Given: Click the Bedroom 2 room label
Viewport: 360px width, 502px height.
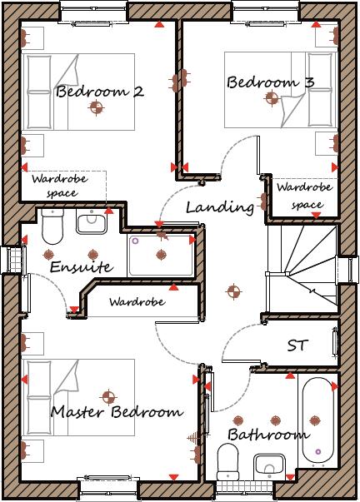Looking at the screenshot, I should pos(99,91).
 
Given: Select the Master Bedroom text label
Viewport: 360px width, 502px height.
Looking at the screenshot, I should pos(116,412).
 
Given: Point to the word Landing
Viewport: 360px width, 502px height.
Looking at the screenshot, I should pos(219,206).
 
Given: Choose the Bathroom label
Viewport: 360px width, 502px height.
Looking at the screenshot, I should pos(268,434).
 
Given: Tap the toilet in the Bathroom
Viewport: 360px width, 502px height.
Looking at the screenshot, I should pos(227,462).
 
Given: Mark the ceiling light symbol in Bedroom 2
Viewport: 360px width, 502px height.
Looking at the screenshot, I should pos(97,107).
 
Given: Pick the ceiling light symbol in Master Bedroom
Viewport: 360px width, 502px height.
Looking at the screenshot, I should pos(107,396).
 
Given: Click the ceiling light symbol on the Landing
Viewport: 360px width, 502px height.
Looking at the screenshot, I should pos(233,291).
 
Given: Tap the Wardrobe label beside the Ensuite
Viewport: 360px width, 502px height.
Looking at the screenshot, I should pos(137,301).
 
